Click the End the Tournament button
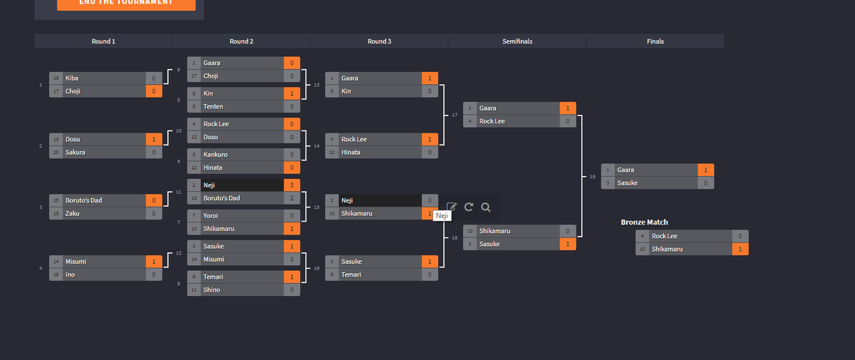(126, 3)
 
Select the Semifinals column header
(517, 41)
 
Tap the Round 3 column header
(379, 41)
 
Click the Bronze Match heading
(644, 222)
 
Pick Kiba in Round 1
(72, 78)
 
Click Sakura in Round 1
(76, 152)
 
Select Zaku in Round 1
(73, 213)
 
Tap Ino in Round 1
(71, 274)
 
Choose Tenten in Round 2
(213, 106)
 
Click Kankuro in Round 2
(215, 154)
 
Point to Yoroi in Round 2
(212, 215)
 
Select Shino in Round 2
(212, 290)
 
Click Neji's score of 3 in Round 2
(291, 185)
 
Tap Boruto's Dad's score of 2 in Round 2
(291, 198)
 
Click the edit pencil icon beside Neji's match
(452, 207)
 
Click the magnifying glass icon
(486, 207)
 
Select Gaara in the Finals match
(626, 170)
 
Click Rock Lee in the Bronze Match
(665, 236)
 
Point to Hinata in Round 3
(351, 153)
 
